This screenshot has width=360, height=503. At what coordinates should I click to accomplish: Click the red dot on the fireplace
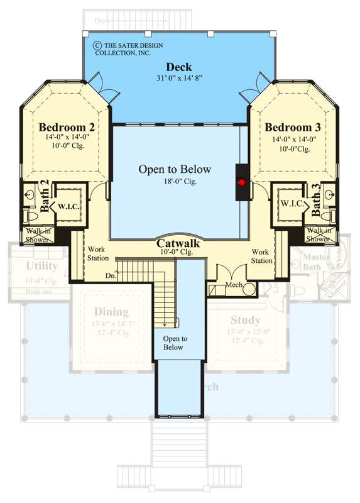(x=241, y=182)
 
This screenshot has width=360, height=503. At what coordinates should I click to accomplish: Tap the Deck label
(x=179, y=67)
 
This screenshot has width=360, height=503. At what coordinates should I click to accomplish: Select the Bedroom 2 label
(x=67, y=126)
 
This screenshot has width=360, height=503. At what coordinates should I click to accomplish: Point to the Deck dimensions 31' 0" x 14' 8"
(x=179, y=79)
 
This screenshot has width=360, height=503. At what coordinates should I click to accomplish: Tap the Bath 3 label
(x=317, y=197)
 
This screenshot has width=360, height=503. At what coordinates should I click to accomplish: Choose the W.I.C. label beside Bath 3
(x=293, y=204)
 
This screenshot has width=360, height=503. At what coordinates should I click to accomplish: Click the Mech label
(x=234, y=284)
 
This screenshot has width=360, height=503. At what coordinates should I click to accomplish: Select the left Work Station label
(x=97, y=253)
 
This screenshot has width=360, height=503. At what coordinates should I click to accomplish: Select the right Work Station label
(x=262, y=256)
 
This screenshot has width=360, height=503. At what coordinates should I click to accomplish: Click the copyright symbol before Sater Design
(x=97, y=45)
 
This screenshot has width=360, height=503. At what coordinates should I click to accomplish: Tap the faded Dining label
(x=111, y=312)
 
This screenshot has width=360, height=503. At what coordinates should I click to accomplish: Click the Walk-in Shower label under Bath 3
(x=319, y=235)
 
